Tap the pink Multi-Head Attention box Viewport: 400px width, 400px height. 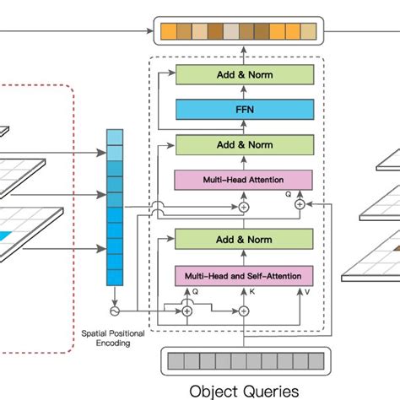[x=243, y=180]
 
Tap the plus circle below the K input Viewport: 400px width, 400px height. [x=244, y=311]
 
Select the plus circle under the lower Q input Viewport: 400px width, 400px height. [x=187, y=311]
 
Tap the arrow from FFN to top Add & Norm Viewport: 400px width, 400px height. [x=243, y=91]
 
